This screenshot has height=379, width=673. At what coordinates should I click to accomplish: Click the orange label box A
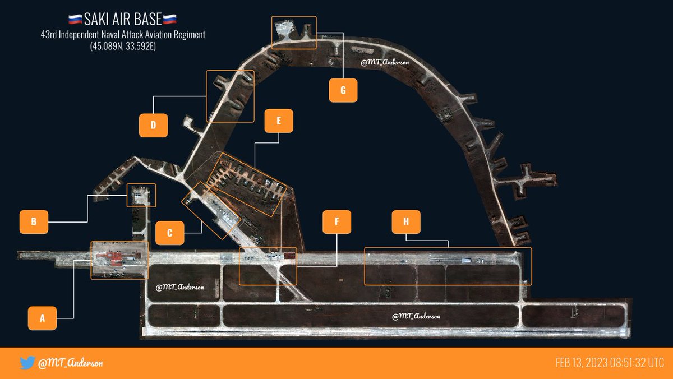point(42,318)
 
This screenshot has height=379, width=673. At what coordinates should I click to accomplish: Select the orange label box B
point(34,221)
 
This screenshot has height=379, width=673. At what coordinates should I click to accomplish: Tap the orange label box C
point(170,233)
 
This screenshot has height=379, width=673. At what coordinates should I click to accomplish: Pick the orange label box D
point(153,124)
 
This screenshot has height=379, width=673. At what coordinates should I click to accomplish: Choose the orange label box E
point(279,121)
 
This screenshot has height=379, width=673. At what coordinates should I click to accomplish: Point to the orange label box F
point(336,221)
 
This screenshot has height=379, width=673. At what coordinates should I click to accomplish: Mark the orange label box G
point(343,90)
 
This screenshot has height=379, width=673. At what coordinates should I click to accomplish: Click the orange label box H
point(406,221)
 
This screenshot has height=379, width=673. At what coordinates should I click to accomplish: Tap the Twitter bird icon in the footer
point(27,363)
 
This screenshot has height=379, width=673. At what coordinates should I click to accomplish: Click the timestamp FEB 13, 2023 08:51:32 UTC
point(610,363)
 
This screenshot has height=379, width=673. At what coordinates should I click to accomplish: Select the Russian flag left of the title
point(75,21)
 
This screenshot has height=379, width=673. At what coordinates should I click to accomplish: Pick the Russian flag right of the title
point(169,21)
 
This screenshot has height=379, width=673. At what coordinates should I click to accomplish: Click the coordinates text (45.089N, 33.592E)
point(122,47)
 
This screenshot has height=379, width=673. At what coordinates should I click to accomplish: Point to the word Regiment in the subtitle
point(191,35)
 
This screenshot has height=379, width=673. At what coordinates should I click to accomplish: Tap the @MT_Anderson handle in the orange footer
point(70,363)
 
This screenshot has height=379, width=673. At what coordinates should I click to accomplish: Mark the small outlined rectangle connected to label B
point(141,196)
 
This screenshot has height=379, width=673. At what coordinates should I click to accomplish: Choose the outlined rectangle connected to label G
point(294,31)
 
